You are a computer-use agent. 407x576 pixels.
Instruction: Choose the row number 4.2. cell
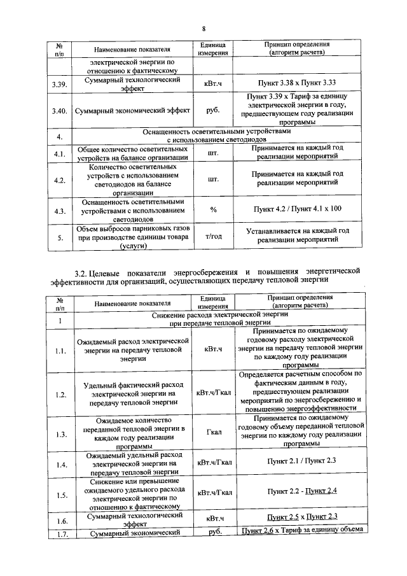pos(60,180)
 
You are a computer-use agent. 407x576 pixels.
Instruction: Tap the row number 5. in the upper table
pos(59,238)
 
